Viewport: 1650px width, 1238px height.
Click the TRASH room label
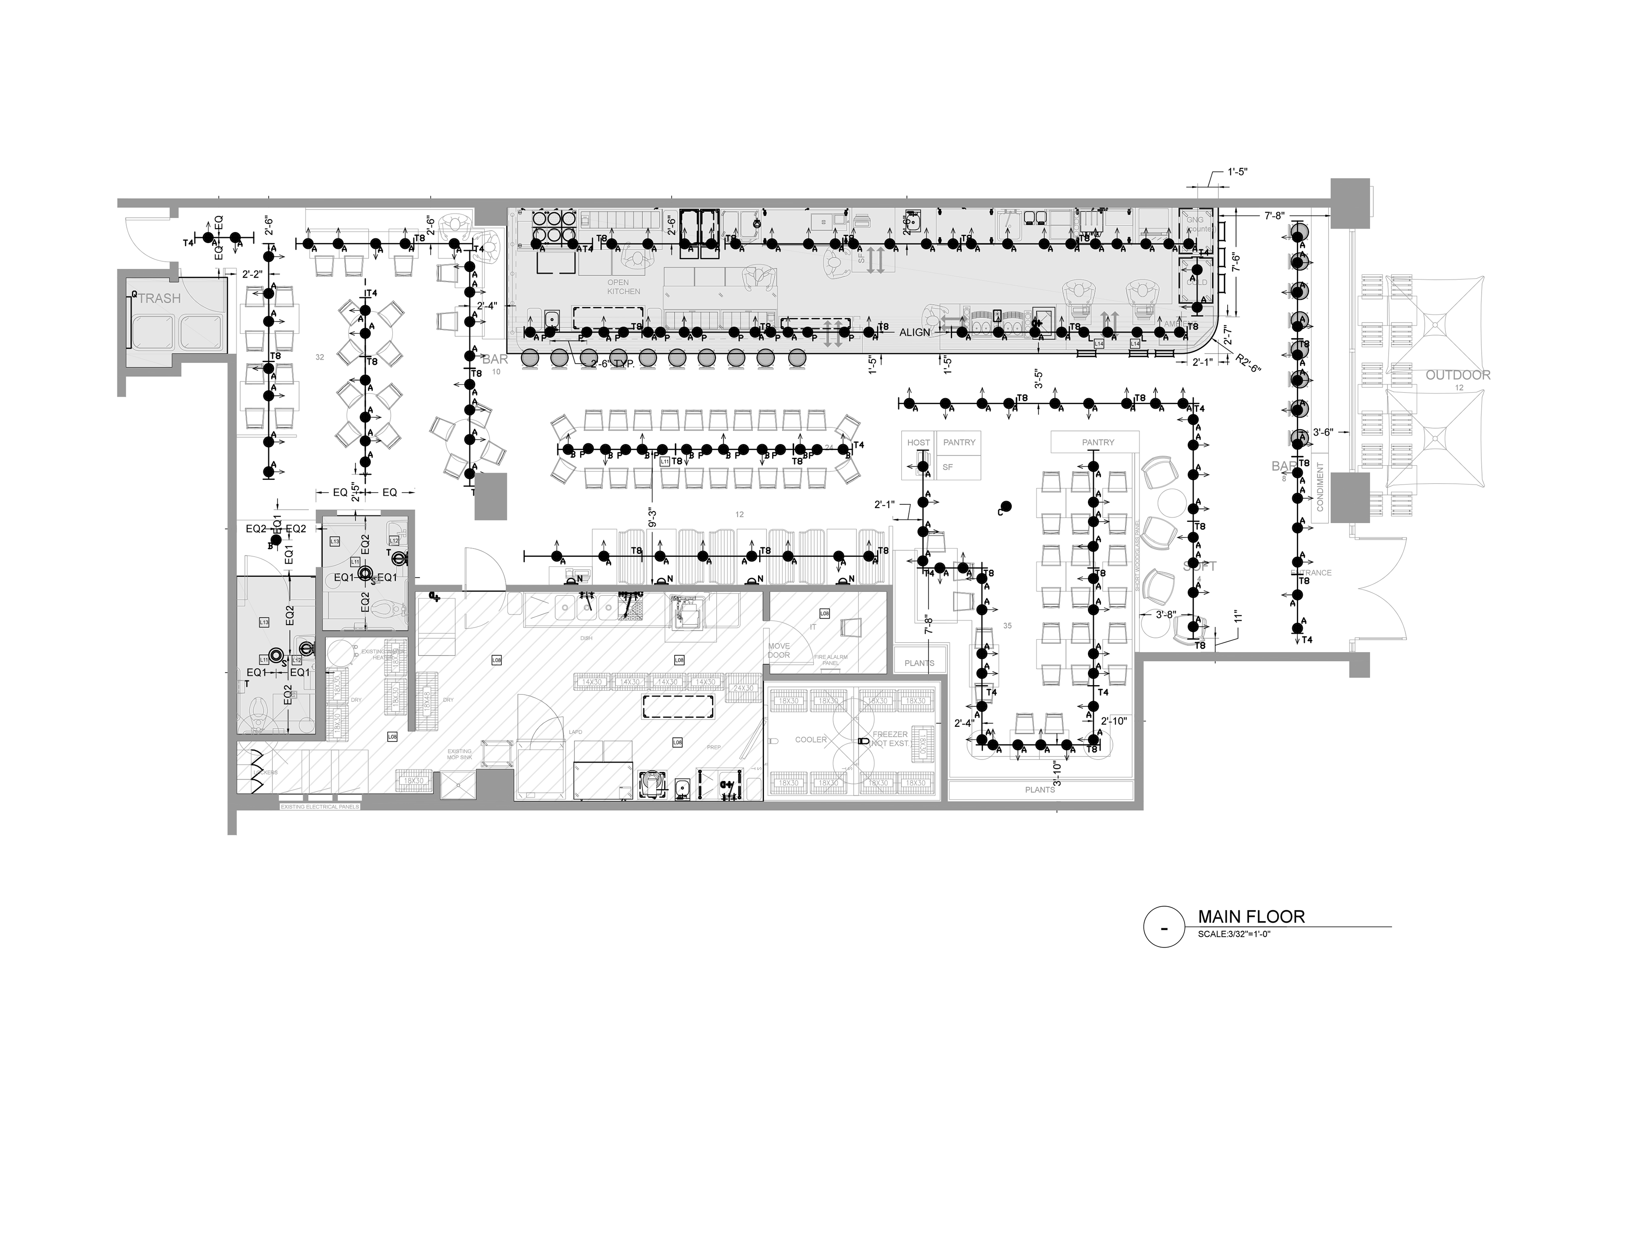[x=159, y=298]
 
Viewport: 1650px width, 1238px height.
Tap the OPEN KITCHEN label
[x=623, y=287]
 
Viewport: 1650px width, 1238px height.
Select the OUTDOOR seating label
[x=1457, y=375]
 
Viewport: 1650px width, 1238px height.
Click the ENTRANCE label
[x=1311, y=573]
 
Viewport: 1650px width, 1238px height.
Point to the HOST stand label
[x=918, y=442]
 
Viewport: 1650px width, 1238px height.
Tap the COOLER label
[x=811, y=739]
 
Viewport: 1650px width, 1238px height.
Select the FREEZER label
[x=890, y=739]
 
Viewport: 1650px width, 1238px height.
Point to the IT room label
[x=813, y=627]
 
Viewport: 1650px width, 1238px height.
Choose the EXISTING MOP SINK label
[x=459, y=754]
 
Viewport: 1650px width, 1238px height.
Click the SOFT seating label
[x=1199, y=566]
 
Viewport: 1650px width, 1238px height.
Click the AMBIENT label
[x=1180, y=323]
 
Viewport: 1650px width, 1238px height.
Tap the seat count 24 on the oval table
[x=829, y=448]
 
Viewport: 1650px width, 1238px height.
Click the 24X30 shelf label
[x=743, y=688]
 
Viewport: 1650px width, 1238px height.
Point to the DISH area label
[x=586, y=638]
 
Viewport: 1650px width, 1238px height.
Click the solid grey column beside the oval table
[x=491, y=496]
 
